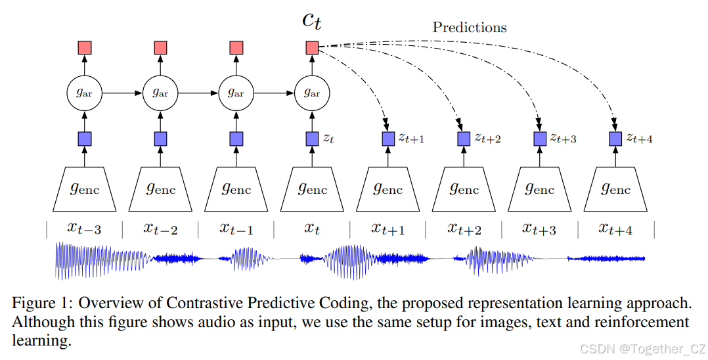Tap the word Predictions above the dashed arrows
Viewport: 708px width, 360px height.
469,28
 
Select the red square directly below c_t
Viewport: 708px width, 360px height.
312,47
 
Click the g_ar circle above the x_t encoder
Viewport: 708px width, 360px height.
312,93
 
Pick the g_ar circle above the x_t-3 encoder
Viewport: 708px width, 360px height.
85,93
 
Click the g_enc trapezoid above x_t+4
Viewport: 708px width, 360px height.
615,189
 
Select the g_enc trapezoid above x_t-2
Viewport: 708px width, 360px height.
161,189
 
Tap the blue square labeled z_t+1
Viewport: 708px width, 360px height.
388,139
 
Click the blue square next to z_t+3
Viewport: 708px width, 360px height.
540,139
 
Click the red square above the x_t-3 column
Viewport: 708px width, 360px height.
85,47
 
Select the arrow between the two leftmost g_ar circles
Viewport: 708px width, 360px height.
123,93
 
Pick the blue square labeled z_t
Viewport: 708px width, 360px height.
312,139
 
